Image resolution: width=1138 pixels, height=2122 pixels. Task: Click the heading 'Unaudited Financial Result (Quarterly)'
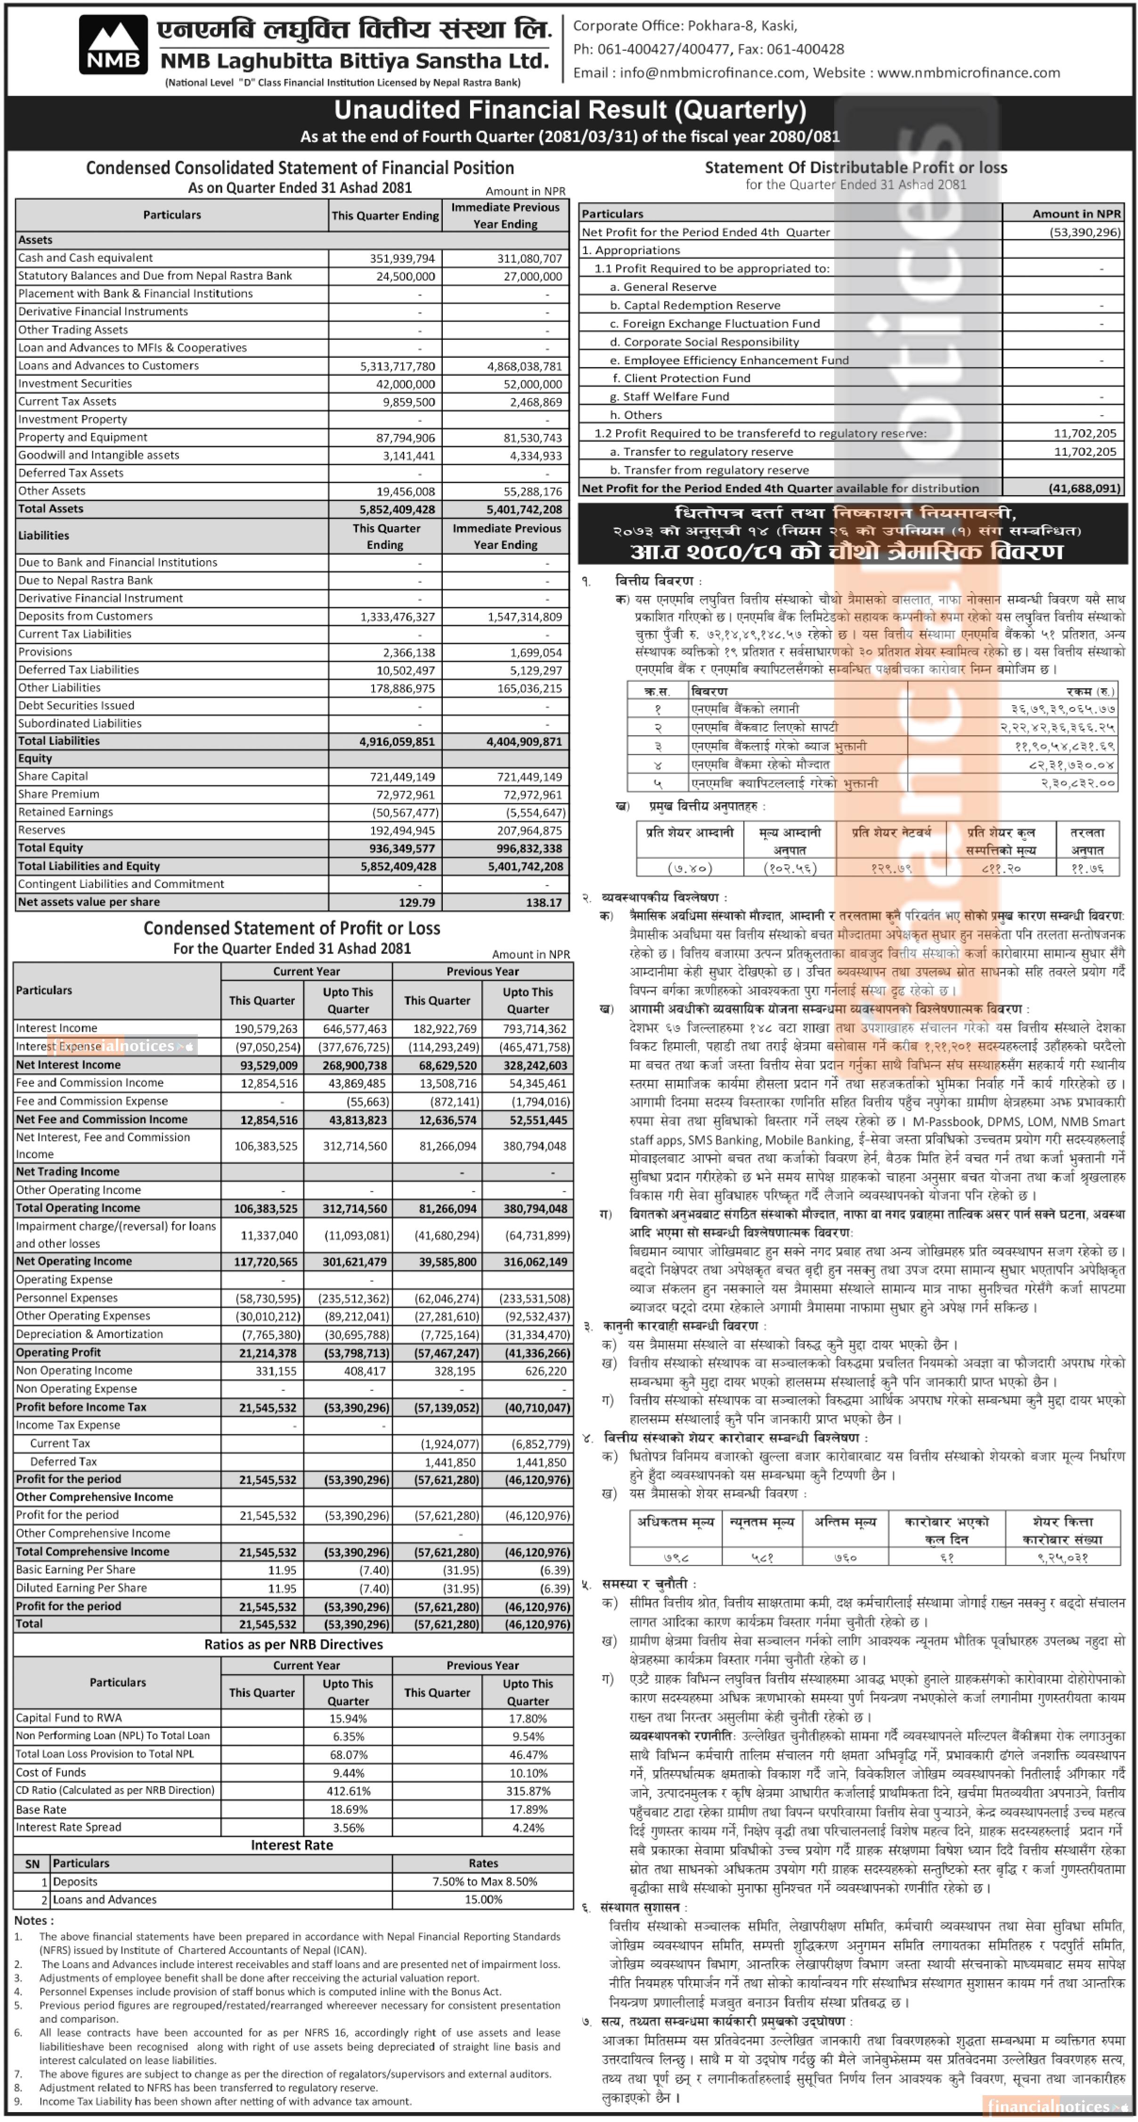[x=569, y=110]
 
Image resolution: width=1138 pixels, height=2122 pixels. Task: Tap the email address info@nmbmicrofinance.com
[x=712, y=72]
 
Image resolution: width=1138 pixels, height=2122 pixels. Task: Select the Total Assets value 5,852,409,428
[x=397, y=509]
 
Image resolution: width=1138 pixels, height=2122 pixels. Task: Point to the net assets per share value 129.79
[x=417, y=902]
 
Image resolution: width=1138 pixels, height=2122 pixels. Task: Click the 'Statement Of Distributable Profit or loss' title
[x=855, y=167]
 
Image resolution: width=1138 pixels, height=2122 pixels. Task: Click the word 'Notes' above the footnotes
[x=31, y=1920]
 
